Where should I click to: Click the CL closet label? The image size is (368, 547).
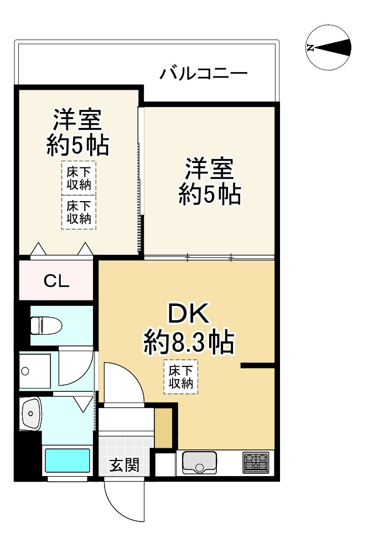pos(56,282)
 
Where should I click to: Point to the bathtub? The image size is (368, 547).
pos(67,460)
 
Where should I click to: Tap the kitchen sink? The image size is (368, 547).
pos(199,462)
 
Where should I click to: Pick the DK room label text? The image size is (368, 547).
pos(188,315)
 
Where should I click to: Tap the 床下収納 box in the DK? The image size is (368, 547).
pos(180,377)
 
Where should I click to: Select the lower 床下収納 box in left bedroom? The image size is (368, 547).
pos(78,212)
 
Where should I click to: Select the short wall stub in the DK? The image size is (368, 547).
pos(258,366)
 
